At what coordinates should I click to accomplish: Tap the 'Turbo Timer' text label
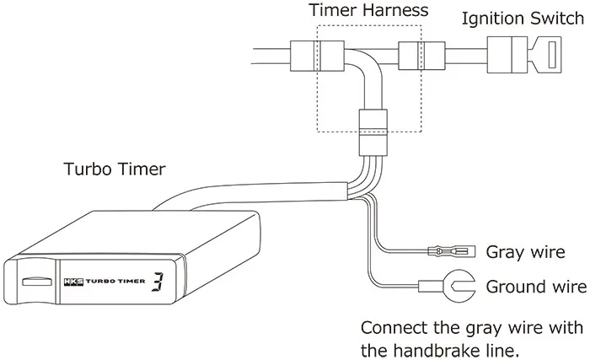coord(115,169)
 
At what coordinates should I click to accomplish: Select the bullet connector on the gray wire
coord(448,251)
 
